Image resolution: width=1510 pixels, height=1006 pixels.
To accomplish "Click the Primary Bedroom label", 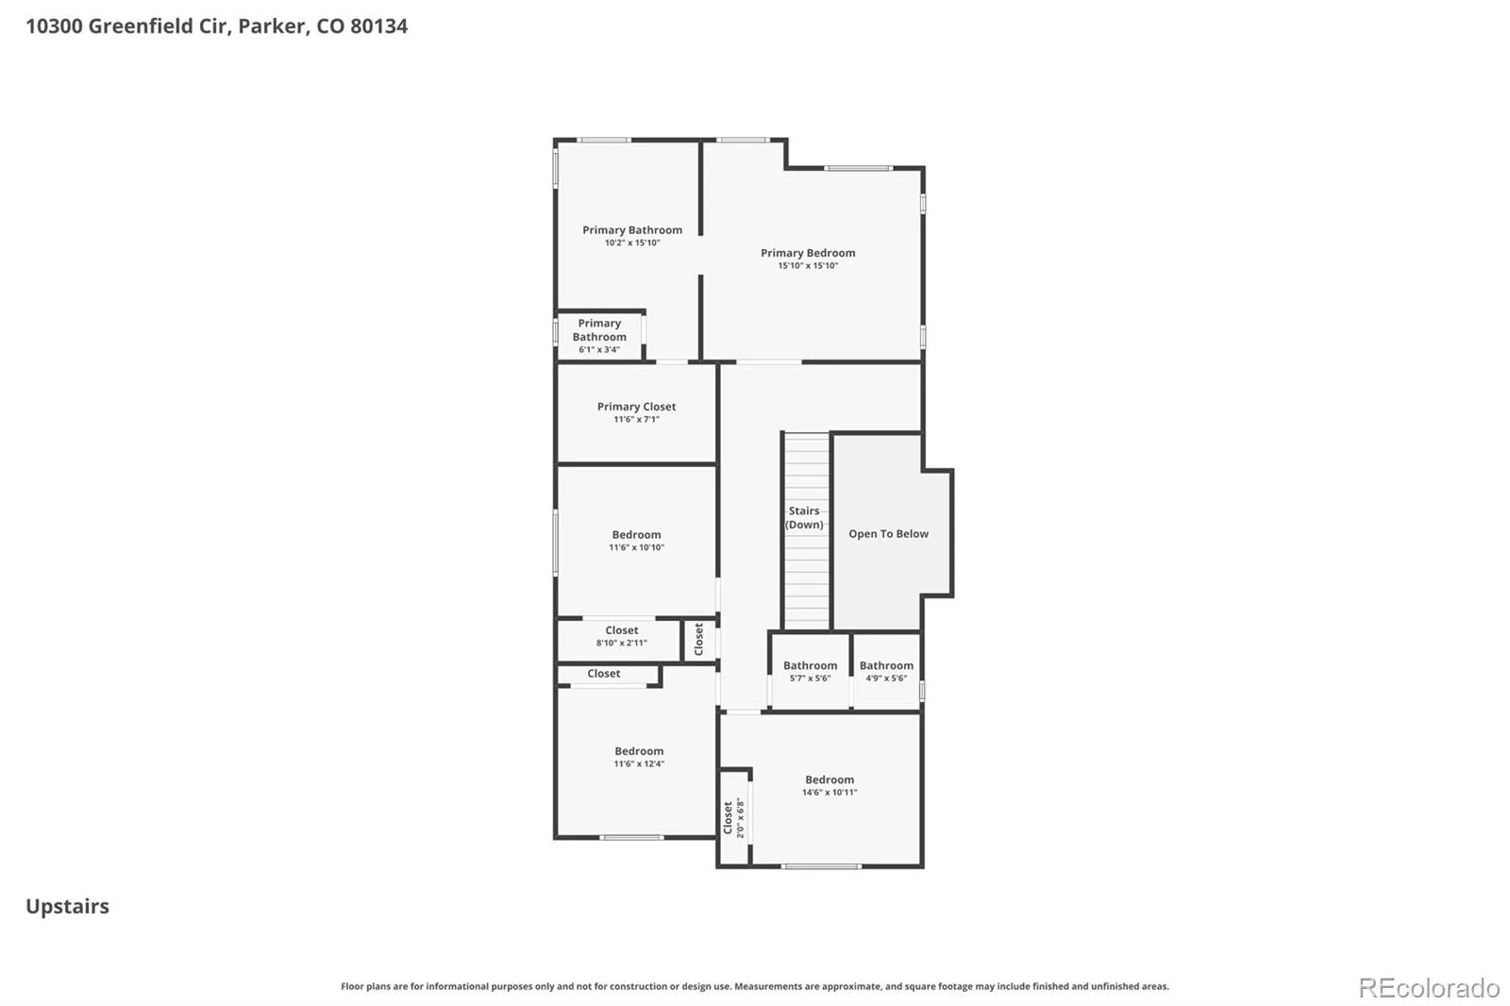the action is pos(808,253).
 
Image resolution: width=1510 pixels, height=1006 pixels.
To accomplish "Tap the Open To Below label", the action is pos(888,533).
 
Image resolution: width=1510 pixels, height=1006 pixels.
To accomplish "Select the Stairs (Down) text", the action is pos(804,517).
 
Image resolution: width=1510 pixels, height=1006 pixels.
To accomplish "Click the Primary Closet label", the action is pos(636,407).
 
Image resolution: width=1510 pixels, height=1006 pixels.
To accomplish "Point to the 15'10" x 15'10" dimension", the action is pos(808,266).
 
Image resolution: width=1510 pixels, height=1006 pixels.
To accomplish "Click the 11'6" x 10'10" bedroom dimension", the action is pos(636,547).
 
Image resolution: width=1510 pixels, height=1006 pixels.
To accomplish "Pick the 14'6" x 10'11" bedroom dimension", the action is pos(830,793).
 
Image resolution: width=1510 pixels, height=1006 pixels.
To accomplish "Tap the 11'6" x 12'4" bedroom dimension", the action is pos(638,764).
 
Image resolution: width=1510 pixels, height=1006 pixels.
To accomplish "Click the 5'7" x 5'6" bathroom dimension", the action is pos(810,679).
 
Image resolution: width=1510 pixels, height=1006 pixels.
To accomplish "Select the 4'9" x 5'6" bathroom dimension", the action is pos(886,679).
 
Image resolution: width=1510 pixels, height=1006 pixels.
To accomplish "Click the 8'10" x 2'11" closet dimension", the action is pos(621,644).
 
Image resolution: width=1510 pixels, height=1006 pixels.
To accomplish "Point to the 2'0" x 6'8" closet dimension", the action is pos(740,818).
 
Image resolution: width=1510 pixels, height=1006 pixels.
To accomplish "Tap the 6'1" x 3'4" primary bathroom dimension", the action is pos(598,350).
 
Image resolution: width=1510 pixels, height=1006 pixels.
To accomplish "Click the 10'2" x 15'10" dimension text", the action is pos(631,243).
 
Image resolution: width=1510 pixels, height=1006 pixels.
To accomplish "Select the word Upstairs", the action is pos(67,906).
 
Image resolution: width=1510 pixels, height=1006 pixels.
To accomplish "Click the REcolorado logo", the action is pos(1429,988).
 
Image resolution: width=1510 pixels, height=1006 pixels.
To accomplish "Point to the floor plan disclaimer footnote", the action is pos(754,986).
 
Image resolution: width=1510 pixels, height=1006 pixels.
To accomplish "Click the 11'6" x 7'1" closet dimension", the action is pos(636,419).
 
